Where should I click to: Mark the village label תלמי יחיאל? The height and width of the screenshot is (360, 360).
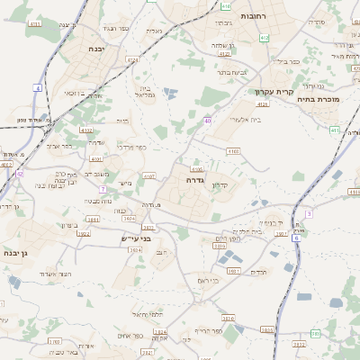[x=146, y=314]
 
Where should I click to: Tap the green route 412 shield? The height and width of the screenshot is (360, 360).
[x=264, y=38]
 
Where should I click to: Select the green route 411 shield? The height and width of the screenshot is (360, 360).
[x=334, y=130]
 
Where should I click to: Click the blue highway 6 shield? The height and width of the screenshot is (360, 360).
[x=296, y=238]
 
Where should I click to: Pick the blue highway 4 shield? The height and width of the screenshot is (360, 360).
[x=38, y=87]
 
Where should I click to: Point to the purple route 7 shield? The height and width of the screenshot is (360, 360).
[x=103, y=190]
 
